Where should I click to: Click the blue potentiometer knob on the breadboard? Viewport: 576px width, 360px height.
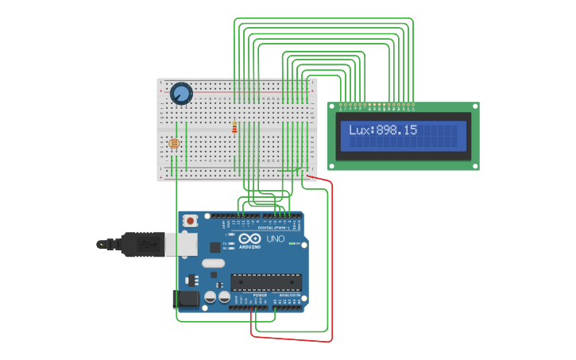point(181,94)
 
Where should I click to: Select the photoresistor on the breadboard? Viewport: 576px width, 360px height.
point(174,143)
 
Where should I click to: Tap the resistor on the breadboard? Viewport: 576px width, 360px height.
point(234,127)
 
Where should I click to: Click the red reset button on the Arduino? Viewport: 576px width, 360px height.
point(191,221)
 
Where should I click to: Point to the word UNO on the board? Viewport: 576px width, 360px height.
point(275,238)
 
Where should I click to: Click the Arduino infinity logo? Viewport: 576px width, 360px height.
point(249,238)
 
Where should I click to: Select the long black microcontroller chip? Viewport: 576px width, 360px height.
point(266,281)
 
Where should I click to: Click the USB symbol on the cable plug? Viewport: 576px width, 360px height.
point(148,244)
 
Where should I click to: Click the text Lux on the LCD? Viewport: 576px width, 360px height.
point(361,130)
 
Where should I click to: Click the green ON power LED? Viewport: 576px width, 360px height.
point(292,243)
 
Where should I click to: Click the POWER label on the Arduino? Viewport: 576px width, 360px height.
point(260,295)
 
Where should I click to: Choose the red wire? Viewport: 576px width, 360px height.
point(330,262)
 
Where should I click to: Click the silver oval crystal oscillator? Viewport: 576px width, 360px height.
point(213,263)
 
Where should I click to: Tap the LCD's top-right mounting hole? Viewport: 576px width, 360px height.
point(475,106)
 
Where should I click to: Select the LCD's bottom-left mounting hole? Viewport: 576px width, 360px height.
point(333,165)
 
